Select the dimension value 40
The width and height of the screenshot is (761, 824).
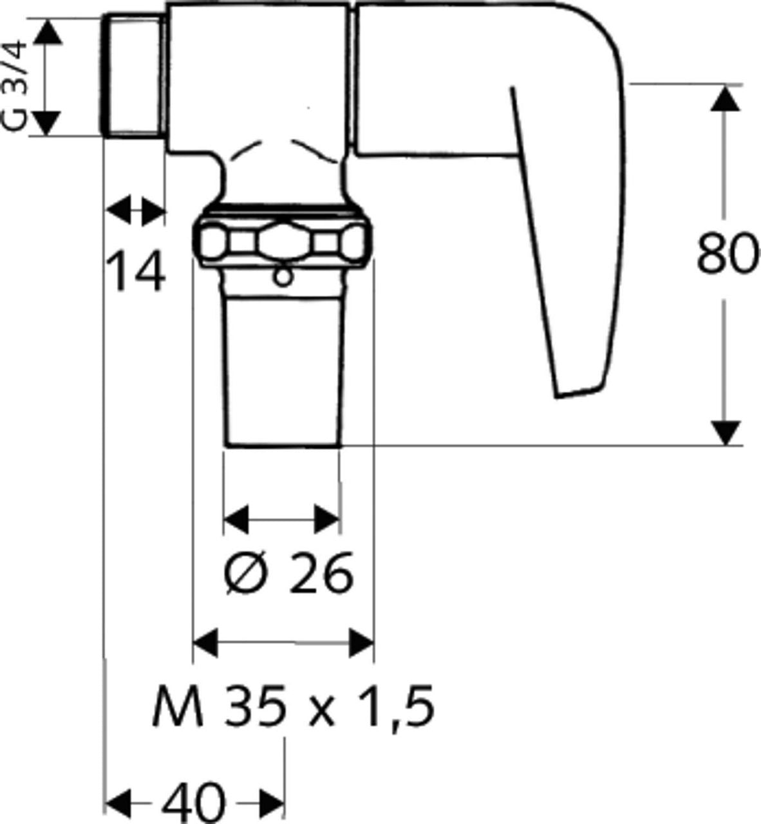[194, 802]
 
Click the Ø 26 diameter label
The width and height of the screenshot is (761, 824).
[288, 574]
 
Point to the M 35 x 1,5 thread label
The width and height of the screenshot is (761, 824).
[293, 706]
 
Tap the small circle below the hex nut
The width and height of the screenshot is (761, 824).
[283, 277]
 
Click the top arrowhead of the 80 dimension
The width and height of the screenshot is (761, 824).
[725, 98]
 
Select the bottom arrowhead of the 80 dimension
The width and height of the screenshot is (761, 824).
[725, 433]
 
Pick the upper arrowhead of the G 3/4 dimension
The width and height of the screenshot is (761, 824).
[47, 32]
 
